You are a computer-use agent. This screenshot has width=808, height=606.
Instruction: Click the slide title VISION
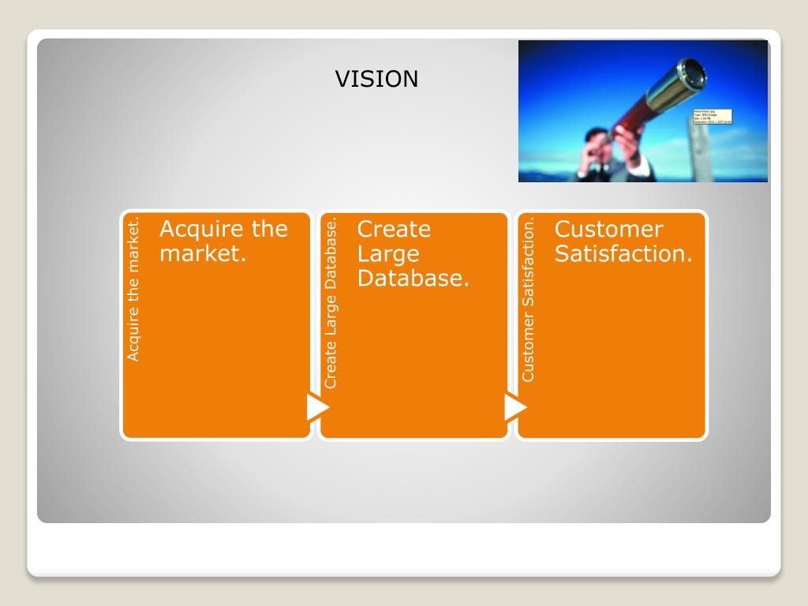point(376,79)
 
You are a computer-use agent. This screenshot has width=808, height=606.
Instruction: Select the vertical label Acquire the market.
point(134,289)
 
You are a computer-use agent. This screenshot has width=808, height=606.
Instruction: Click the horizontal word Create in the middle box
point(394,230)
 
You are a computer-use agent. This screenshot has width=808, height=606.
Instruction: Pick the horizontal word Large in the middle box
point(388,254)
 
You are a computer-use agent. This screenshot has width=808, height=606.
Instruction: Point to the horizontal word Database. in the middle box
point(413,279)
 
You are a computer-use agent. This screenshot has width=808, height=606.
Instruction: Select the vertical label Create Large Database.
point(331,303)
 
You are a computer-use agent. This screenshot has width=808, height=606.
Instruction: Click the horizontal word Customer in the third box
point(608,230)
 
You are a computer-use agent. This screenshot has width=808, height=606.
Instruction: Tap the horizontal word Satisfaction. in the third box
point(623,254)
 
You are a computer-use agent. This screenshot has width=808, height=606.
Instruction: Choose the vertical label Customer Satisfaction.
point(529,299)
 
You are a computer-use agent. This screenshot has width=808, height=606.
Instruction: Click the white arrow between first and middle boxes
point(317,407)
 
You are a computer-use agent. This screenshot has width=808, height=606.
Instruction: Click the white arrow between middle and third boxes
point(514,407)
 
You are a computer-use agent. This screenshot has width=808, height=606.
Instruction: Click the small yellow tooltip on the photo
point(712,117)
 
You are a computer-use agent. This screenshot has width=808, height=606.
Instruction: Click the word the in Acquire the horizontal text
point(270,230)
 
